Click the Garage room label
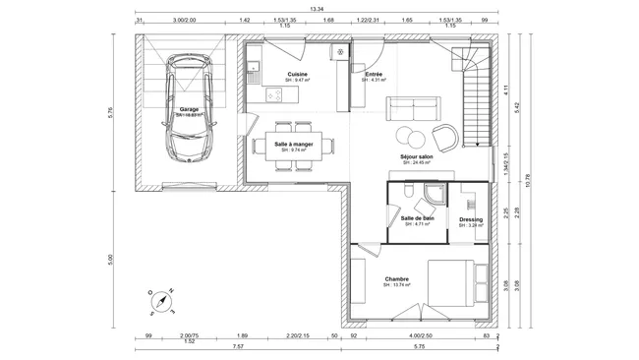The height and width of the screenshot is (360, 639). pyautogui.click(x=189, y=108)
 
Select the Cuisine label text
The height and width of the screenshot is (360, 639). pyautogui.click(x=297, y=75)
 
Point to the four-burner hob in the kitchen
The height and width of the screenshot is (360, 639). pyautogui.click(x=275, y=95)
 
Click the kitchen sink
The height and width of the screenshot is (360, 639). pyautogui.click(x=254, y=70)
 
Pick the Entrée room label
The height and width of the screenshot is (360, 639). pyautogui.click(x=374, y=75)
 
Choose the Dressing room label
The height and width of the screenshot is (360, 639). pyautogui.click(x=470, y=219)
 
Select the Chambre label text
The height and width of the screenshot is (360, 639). pyautogui.click(x=396, y=278)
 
